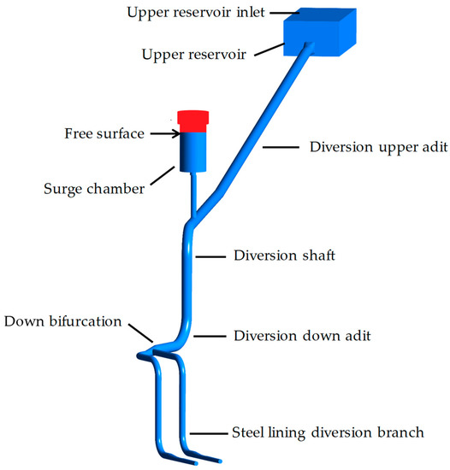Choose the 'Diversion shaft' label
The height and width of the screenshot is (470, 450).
pos(282,256)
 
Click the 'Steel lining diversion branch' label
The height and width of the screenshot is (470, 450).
pos(328,432)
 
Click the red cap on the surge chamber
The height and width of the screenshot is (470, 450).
pos(193,120)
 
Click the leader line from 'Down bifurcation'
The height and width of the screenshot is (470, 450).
pos(142,332)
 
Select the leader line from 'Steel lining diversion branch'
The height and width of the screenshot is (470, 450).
pos(210,432)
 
